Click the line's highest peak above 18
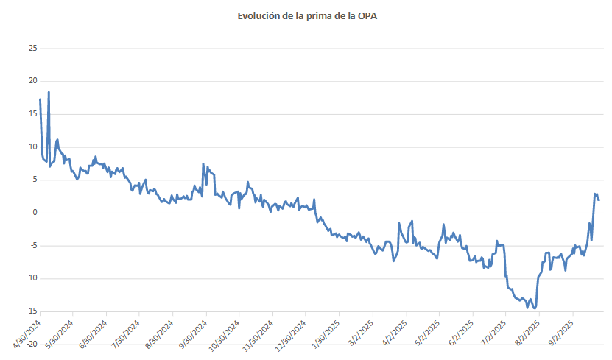49,92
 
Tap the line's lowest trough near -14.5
534,308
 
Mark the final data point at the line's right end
599,200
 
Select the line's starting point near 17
40,99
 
